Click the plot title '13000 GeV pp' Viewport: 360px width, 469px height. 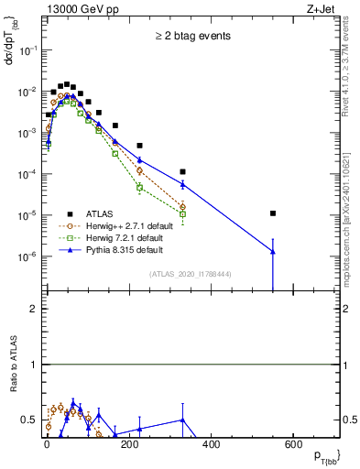pyautogui.click(x=78, y=8)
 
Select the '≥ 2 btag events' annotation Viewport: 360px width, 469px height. pyautogui.click(x=192, y=37)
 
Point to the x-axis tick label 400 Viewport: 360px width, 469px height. pyautogui.click(x=211, y=445)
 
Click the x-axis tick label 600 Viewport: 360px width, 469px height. pyautogui.click(x=293, y=445)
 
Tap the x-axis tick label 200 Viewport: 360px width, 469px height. pyautogui.click(x=129, y=445)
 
